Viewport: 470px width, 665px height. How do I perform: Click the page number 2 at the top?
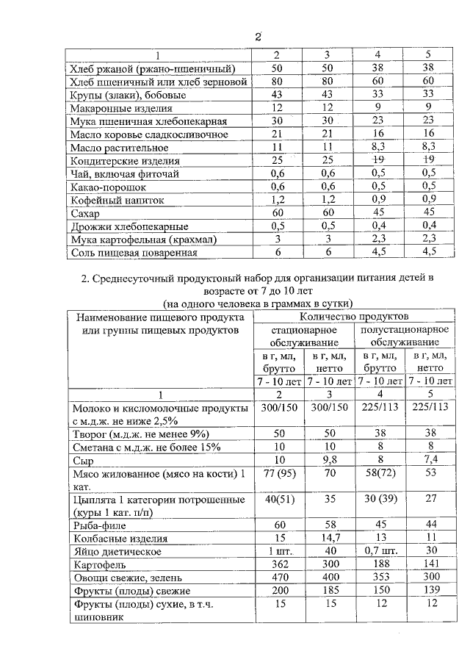(258, 37)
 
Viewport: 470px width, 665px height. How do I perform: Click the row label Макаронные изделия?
(117, 108)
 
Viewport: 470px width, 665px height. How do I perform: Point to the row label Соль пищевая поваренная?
(133, 253)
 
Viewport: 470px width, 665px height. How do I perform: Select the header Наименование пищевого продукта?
(160, 317)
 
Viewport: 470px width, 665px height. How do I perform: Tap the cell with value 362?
(278, 564)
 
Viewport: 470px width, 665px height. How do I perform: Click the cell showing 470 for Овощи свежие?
(278, 578)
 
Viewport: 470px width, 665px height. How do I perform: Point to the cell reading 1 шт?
(278, 551)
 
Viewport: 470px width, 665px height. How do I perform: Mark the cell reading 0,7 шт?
(380, 551)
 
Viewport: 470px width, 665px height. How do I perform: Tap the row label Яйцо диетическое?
(117, 551)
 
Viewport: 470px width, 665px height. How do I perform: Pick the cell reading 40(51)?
(278, 501)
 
